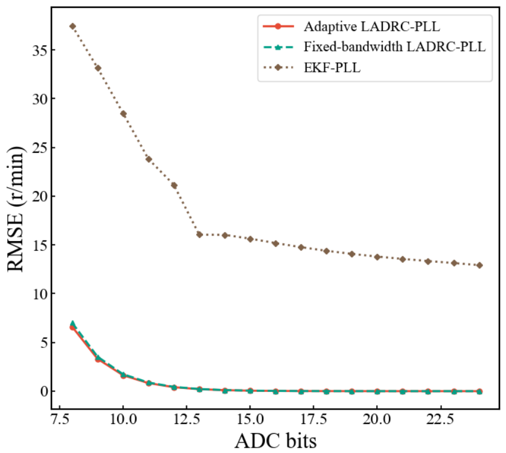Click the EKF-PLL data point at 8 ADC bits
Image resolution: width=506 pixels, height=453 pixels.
pos(72,26)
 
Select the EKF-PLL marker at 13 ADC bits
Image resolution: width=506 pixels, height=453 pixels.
pos(199,234)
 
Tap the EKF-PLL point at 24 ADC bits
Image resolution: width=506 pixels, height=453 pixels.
pos(479,265)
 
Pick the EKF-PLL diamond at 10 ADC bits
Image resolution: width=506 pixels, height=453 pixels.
pos(123,114)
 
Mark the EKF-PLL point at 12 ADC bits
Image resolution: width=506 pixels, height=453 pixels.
pos(174,185)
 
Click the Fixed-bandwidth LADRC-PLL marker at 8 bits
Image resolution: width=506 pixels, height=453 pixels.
pos(72,324)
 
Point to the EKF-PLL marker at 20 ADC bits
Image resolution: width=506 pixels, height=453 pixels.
pos(377,257)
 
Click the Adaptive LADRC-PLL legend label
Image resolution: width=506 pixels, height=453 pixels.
pos(372,27)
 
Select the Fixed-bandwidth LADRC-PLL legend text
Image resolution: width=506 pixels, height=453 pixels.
pos(395,47)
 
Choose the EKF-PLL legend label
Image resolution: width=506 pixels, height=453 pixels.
pos(332,68)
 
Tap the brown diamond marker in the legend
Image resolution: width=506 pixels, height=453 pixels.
pos(278,68)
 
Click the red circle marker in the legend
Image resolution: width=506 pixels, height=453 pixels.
pos(278,27)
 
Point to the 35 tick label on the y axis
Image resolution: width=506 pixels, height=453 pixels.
pos(40,50)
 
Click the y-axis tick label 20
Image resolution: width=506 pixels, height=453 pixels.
pos(40,196)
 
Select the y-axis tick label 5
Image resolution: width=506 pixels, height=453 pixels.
pos(43,342)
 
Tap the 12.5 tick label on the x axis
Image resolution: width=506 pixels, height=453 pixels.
pos(187,419)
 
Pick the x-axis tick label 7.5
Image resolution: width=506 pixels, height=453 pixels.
pos(60,419)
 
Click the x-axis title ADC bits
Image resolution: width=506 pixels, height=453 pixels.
pos(275,441)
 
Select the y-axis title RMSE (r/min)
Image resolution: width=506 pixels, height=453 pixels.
pos(15,209)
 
